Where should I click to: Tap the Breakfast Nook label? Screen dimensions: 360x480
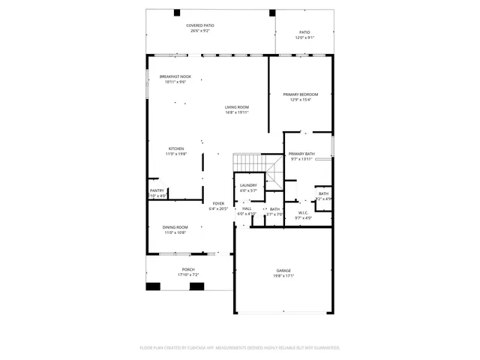point(175,76)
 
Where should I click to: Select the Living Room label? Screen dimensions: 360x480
point(236,107)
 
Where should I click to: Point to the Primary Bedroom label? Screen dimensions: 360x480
point(300,94)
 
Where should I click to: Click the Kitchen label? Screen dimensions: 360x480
point(175,148)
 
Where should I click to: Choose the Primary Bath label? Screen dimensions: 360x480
point(301,154)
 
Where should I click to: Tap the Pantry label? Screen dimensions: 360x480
point(157,191)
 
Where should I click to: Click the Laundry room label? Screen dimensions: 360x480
point(248,185)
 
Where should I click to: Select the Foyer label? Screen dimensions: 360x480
point(218,203)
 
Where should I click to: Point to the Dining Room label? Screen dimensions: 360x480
point(175,227)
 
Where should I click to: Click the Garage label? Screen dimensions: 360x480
point(283,271)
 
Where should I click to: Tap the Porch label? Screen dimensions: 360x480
point(187,270)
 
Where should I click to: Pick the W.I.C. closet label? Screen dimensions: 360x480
point(303,212)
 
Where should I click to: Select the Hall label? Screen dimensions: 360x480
point(246,208)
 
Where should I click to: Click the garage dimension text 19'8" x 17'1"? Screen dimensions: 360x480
point(283,276)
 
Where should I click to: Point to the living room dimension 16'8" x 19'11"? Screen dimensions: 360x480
point(236,112)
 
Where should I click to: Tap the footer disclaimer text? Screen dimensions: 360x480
point(240,347)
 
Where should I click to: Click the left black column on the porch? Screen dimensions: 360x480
point(154,286)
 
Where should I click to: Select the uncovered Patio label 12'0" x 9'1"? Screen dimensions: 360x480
point(304,37)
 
